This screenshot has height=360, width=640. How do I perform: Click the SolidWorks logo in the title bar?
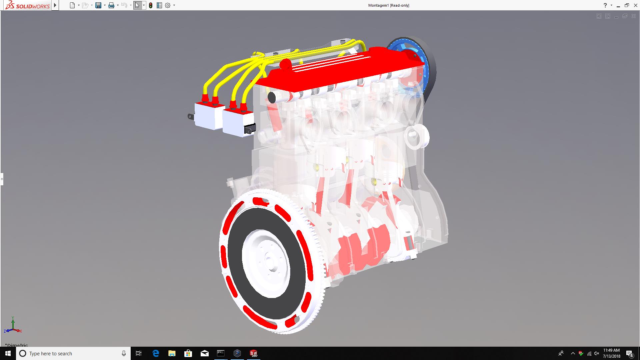[x=28, y=5]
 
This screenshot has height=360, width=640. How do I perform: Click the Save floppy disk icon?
[x=98, y=5]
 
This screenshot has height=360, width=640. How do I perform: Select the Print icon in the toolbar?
[x=111, y=5]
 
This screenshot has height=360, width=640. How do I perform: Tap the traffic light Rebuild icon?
[x=151, y=5]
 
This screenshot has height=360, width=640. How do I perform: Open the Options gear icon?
[x=168, y=5]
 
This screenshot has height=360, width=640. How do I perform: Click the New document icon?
[x=72, y=5]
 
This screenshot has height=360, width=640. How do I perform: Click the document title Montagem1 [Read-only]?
[x=389, y=5]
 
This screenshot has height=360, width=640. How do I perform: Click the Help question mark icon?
[x=605, y=5]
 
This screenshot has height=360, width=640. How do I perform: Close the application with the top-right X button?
[x=635, y=5]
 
